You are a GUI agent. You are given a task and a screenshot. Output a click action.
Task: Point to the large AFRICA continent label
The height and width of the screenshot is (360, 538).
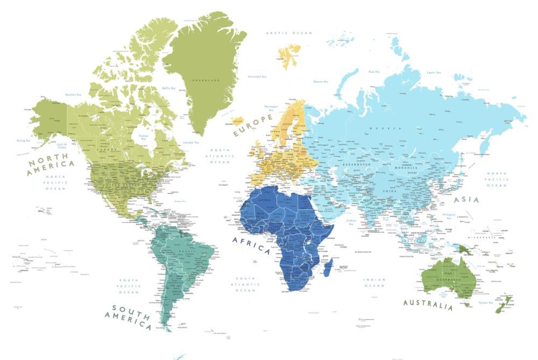[x=251, y=245]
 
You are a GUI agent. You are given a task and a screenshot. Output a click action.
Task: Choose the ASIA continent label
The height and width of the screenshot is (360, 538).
[x=467, y=200]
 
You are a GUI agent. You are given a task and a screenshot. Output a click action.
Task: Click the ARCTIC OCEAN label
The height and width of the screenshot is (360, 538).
[x=289, y=33]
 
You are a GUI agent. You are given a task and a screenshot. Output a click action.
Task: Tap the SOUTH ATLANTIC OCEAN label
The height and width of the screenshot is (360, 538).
[x=245, y=284]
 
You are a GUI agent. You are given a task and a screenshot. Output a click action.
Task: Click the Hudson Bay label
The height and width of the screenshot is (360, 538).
[x=143, y=137]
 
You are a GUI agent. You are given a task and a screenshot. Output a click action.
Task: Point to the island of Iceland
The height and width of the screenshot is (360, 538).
[x=237, y=122]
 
